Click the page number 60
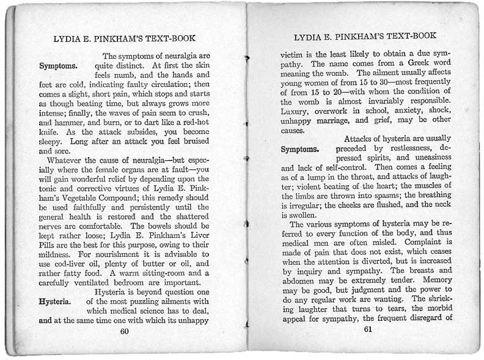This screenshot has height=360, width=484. click(124, 331)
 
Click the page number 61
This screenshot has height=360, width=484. click(367, 329)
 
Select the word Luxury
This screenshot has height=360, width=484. click(296, 111)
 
